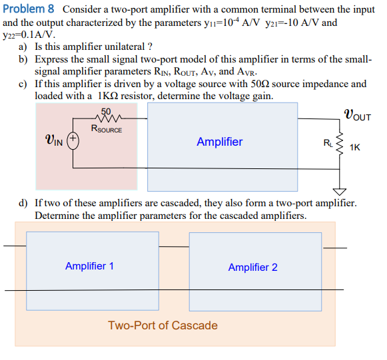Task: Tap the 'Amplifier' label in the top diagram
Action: click(220, 142)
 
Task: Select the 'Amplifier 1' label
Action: click(89, 266)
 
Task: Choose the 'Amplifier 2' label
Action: click(252, 267)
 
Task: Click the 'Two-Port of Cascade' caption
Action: click(163, 325)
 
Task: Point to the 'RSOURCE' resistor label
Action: click(106, 129)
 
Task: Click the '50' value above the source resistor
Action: click(106, 112)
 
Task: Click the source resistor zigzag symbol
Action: click(106, 119)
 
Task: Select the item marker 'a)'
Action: click(23, 47)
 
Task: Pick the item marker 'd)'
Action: click(23, 203)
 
